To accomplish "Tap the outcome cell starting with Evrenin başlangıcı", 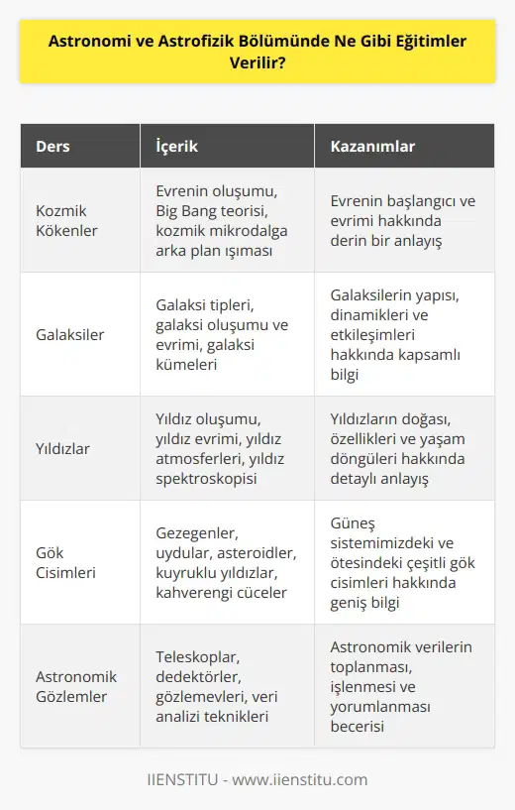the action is click(x=402, y=219).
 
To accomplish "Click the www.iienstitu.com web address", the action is click(x=303, y=779).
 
